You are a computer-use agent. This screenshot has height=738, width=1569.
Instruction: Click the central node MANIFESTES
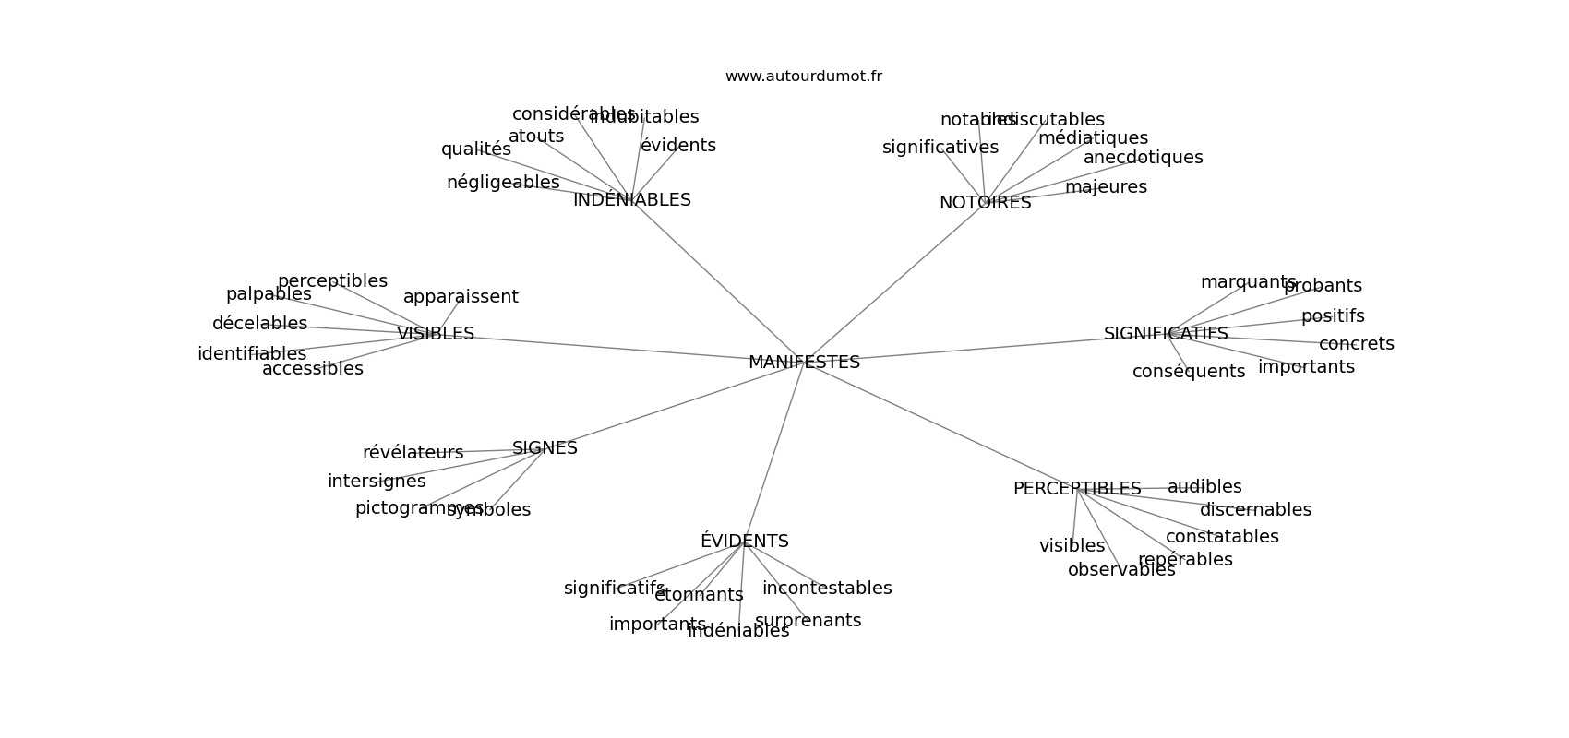click(x=804, y=363)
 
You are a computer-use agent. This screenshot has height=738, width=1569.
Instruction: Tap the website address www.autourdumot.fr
click(x=803, y=77)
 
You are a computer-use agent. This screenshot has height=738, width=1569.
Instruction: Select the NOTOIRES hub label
click(x=985, y=203)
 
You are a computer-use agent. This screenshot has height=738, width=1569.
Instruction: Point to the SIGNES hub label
click(x=545, y=448)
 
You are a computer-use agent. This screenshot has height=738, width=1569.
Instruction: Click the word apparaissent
click(x=461, y=297)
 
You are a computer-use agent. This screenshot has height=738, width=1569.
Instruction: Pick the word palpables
click(x=269, y=294)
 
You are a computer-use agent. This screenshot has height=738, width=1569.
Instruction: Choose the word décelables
click(x=259, y=324)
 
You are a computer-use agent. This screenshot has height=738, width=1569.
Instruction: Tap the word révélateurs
click(x=413, y=453)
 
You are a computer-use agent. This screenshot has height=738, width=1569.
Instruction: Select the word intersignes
click(x=377, y=482)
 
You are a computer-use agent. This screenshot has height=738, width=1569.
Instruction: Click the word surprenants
click(x=808, y=621)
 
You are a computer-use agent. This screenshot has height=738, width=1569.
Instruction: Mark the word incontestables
click(x=827, y=589)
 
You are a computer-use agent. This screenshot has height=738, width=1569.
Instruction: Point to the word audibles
click(x=1204, y=487)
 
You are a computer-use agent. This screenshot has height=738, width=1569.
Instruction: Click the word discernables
click(x=1255, y=510)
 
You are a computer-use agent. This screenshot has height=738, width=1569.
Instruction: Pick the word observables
click(x=1121, y=570)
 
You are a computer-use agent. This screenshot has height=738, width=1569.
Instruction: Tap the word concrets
click(x=1356, y=344)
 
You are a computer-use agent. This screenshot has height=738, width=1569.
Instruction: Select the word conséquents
click(x=1189, y=372)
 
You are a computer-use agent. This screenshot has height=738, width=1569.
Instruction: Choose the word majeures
click(x=1106, y=187)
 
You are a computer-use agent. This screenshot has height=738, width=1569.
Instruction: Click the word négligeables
click(x=503, y=183)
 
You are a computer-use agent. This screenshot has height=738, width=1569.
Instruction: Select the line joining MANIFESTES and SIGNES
click(x=674, y=406)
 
